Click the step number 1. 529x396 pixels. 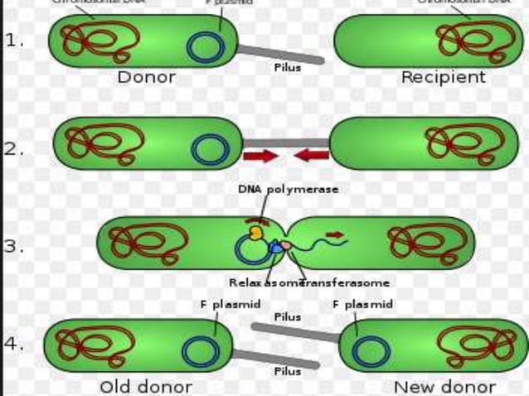[13, 41]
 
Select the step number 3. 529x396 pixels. [13, 246]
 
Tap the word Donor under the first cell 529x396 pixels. [146, 77]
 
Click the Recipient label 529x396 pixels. [443, 77]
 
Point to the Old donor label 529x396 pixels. [146, 386]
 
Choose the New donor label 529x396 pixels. [444, 386]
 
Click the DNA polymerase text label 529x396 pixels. [288, 189]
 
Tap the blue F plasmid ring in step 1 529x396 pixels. [203, 46]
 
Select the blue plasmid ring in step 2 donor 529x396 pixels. [210, 149]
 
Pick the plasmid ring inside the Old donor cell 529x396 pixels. [199, 352]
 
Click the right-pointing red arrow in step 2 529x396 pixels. [260, 156]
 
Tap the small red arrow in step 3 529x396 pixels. [334, 235]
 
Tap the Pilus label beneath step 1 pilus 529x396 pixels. [288, 68]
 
